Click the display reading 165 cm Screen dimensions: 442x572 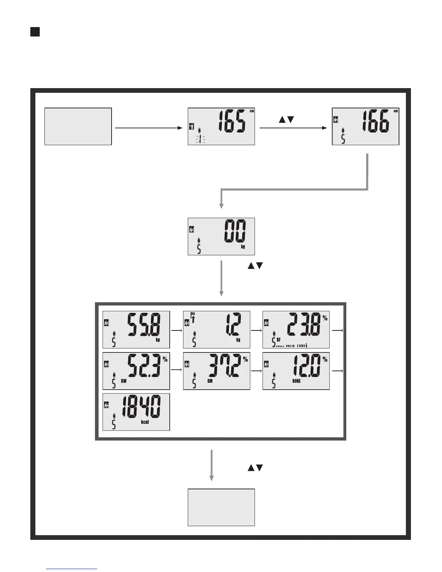pyautogui.click(x=221, y=126)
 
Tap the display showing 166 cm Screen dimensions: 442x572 pyautogui.click(x=365, y=126)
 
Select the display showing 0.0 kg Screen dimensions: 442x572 pyautogui.click(x=221, y=236)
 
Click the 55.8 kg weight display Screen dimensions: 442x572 pyautogui.click(x=136, y=329)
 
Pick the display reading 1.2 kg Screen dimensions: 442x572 pyautogui.click(x=216, y=329)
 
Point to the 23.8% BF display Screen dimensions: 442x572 pyautogui.click(x=296, y=329)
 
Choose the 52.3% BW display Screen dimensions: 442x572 pyautogui.click(x=136, y=371)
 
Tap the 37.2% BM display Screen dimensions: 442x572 pyautogui.click(x=216, y=371)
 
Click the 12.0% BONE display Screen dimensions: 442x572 pyautogui.click(x=296, y=371)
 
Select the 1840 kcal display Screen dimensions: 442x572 pyautogui.click(x=136, y=412)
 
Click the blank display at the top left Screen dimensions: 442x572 pyautogui.click(x=78, y=126)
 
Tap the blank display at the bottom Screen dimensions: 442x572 pyautogui.click(x=221, y=507)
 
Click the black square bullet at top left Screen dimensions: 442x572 pyautogui.click(x=35, y=32)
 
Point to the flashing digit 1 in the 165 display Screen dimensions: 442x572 pyautogui.click(x=199, y=139)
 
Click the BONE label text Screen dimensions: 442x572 pyautogui.click(x=296, y=381)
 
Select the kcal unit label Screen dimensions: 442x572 pyautogui.click(x=145, y=422)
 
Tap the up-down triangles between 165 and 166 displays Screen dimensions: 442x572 pyautogui.click(x=287, y=120)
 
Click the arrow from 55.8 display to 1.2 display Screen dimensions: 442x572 pyautogui.click(x=176, y=330)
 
